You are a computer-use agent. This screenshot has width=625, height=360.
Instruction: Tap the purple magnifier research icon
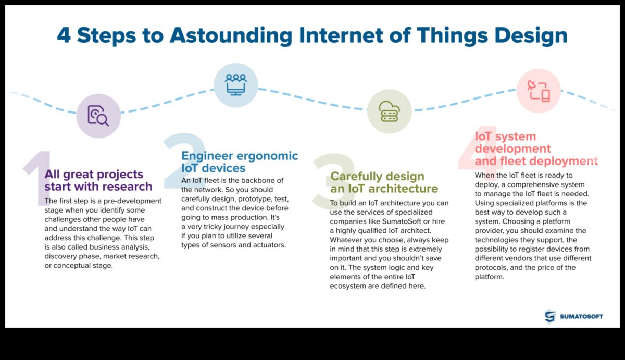(x=98, y=116)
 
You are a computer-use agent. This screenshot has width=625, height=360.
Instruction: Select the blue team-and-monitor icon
(x=235, y=84)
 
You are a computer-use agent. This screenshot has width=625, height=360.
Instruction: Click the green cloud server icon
(x=389, y=111)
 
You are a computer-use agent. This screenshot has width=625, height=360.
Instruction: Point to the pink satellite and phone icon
(x=538, y=91)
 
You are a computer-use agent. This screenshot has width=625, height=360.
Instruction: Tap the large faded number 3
(x=333, y=180)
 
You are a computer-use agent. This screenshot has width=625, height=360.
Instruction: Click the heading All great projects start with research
(x=98, y=180)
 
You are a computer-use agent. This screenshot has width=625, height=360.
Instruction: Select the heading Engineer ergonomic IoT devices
(x=240, y=162)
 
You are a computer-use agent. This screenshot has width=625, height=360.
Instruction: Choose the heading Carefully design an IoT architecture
(x=384, y=182)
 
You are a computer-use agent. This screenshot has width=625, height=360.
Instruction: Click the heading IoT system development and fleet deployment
(x=536, y=148)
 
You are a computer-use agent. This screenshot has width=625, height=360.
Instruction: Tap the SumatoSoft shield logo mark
(x=550, y=316)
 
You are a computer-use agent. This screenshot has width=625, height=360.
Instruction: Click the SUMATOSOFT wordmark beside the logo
(x=581, y=316)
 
